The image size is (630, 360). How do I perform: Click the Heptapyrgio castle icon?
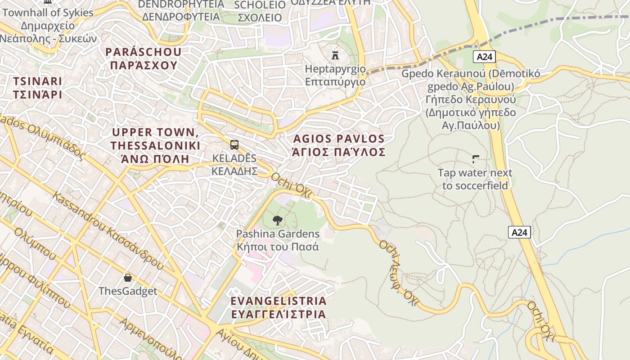pos(335,55)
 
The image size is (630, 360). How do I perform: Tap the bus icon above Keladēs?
pos(234,145)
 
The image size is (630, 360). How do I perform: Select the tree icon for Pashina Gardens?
pos(278,220)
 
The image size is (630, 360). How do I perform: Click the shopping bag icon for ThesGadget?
pos(128,278)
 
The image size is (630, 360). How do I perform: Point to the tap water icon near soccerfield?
pos(475,159)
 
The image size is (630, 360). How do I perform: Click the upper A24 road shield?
pos(484,57)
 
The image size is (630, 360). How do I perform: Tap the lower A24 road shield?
pos(519,232)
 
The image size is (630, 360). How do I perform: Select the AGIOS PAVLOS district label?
pos(339,145)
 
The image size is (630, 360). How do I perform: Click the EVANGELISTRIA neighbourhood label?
pos(278,307)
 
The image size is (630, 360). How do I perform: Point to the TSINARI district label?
pos(37,88)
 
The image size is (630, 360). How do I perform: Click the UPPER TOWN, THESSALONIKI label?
pos(155,145)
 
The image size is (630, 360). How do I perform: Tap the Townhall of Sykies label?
pos(48,13)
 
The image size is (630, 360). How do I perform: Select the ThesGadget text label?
pos(128,291)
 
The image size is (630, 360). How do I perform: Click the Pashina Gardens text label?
pos(278,240)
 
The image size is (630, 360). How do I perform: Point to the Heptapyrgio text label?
pos(335,75)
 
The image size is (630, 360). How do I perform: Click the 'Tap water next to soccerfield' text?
pos(475,179)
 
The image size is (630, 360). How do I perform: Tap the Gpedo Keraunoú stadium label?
pos(471,99)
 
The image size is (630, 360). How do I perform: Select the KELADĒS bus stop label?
pos(234,165)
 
